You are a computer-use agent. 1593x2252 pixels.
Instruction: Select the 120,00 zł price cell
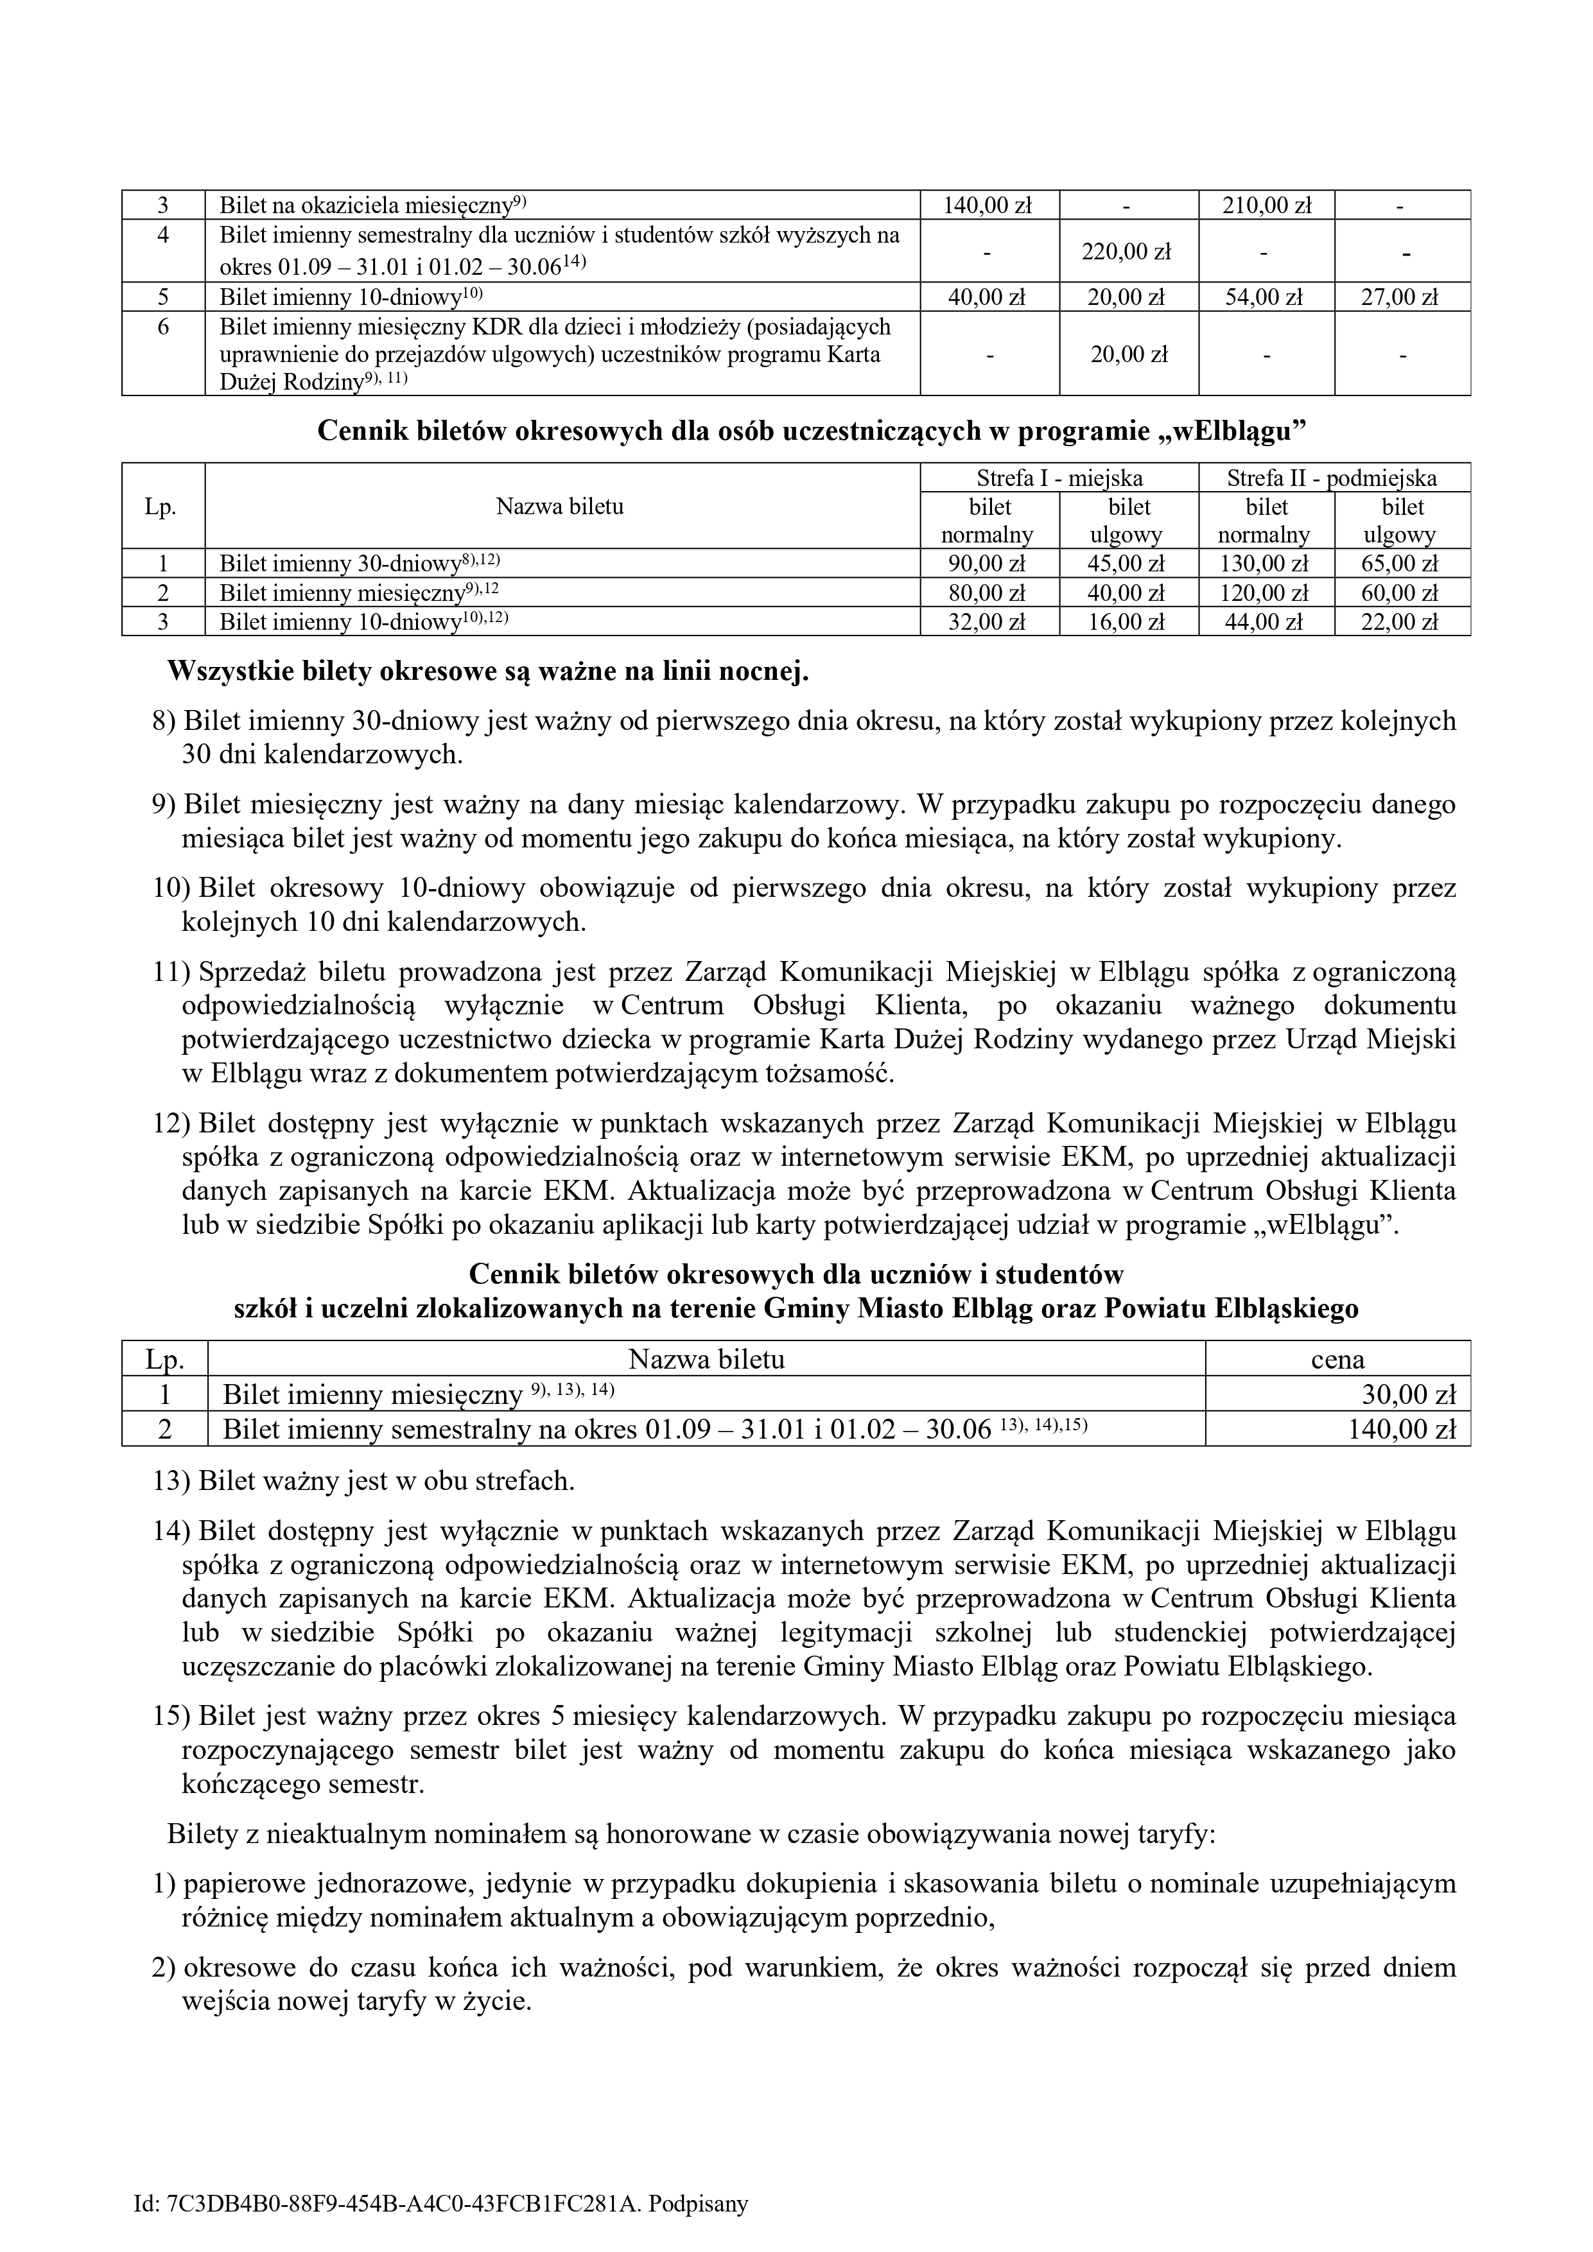coord(1266,593)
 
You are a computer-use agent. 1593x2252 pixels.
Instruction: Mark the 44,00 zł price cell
coord(1266,622)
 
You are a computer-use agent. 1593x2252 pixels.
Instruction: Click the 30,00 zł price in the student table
coord(1413,1396)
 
